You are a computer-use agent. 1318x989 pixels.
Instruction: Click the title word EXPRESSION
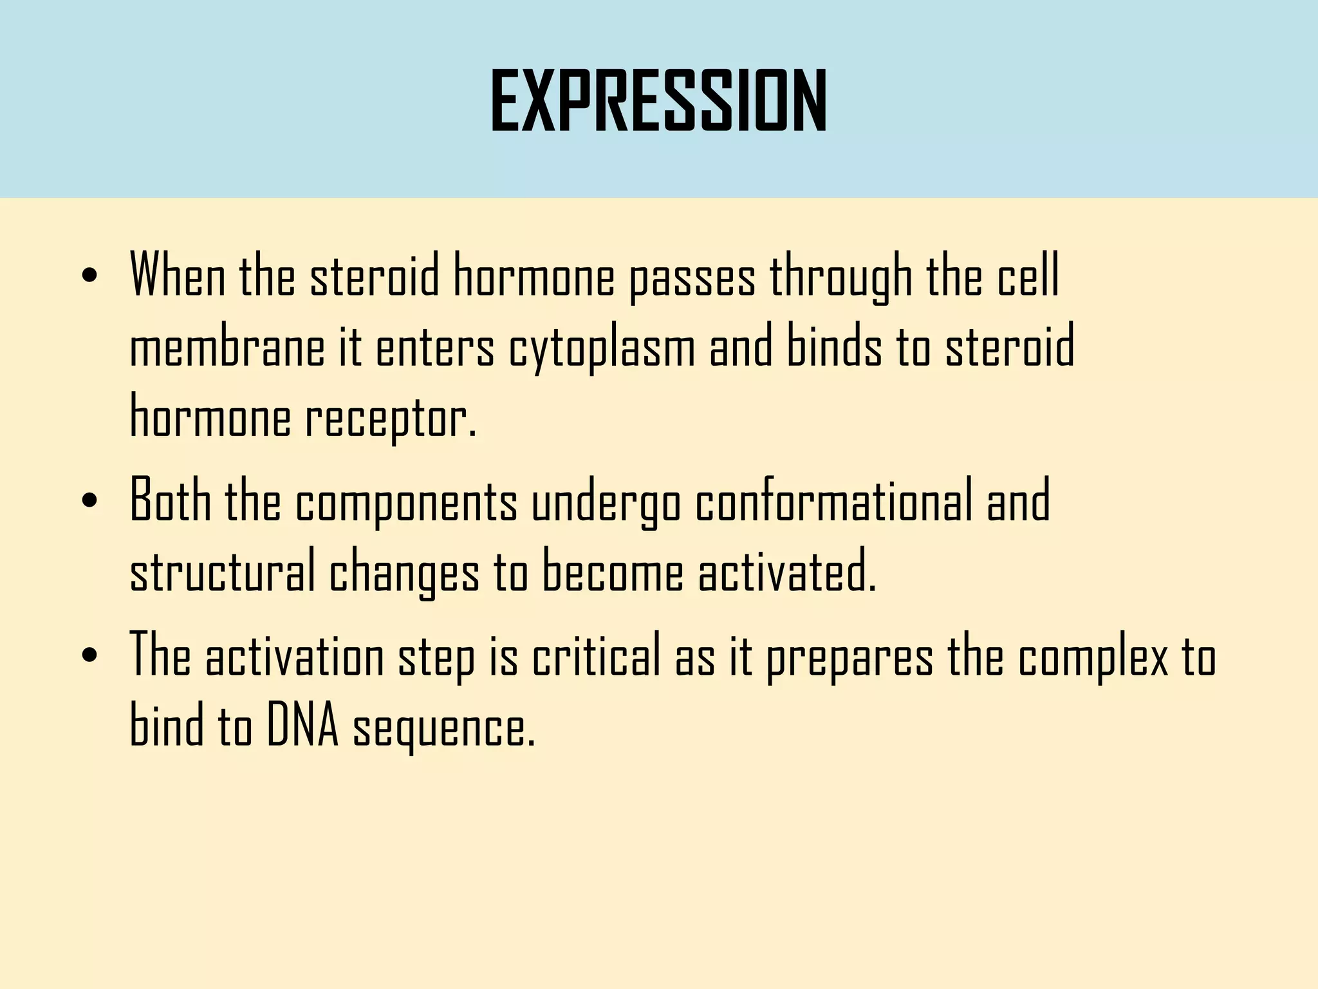coord(658,101)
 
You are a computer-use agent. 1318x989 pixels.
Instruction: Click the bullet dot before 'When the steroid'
coord(90,276)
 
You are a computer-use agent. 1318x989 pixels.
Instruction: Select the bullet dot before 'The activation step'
coord(90,655)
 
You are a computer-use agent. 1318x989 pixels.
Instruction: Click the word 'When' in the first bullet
coord(178,276)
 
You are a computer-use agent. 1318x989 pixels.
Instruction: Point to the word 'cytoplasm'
coord(602,348)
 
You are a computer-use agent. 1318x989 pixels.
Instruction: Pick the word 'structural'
coord(222,573)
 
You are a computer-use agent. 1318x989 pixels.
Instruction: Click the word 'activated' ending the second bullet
coord(786,573)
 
